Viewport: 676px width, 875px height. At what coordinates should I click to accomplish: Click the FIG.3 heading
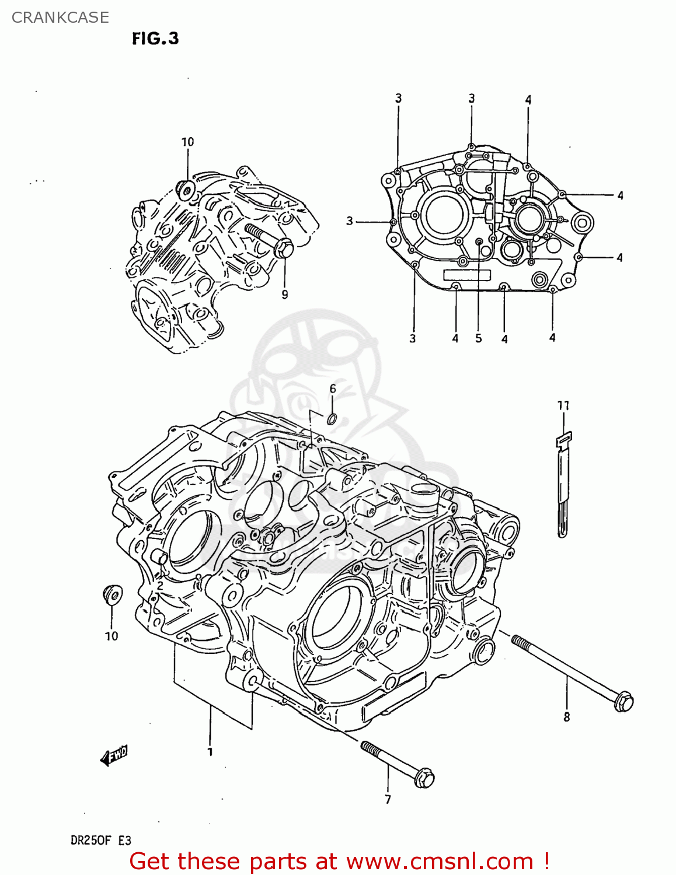coord(155,38)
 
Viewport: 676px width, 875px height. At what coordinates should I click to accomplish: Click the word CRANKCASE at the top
coord(60,17)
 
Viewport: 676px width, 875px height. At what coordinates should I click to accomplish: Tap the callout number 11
coord(563,405)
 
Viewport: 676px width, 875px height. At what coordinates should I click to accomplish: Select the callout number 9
coord(285,295)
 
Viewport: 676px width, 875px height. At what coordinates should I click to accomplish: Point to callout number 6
coord(333,389)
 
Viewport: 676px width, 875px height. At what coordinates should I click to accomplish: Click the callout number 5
coord(479,338)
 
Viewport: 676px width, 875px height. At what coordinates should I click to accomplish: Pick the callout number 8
coord(566,717)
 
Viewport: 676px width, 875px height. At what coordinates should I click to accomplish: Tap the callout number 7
coord(388,799)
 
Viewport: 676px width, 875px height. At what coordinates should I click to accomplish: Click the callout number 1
coord(210,752)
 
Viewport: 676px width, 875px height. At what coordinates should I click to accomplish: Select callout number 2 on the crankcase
coord(160,585)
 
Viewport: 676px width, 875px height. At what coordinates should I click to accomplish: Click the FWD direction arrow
coord(114,755)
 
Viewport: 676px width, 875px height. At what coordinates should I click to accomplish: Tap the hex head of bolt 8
coord(623,701)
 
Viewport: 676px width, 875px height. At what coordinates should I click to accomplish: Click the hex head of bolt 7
coord(424,778)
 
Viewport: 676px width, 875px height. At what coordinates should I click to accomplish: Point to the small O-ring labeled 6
coord(332,418)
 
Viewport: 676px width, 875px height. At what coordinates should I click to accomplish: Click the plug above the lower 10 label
coord(112,595)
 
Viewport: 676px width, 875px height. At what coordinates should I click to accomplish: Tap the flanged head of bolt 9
coord(283,248)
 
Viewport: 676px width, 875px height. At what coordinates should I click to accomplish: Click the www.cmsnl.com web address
coord(440,861)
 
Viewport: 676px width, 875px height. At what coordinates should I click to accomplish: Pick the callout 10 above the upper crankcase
coord(187,142)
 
